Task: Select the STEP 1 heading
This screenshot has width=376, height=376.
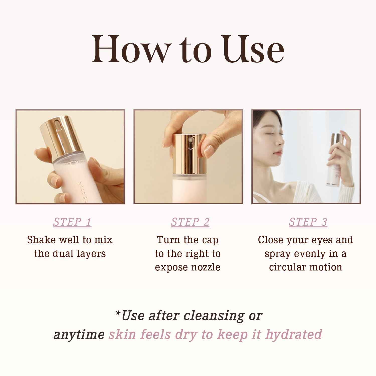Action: click(x=72, y=222)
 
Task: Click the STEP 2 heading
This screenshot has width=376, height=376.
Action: click(x=190, y=222)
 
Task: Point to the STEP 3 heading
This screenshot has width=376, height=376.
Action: click(x=308, y=222)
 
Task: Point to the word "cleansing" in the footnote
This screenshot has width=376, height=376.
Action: click(x=214, y=316)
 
